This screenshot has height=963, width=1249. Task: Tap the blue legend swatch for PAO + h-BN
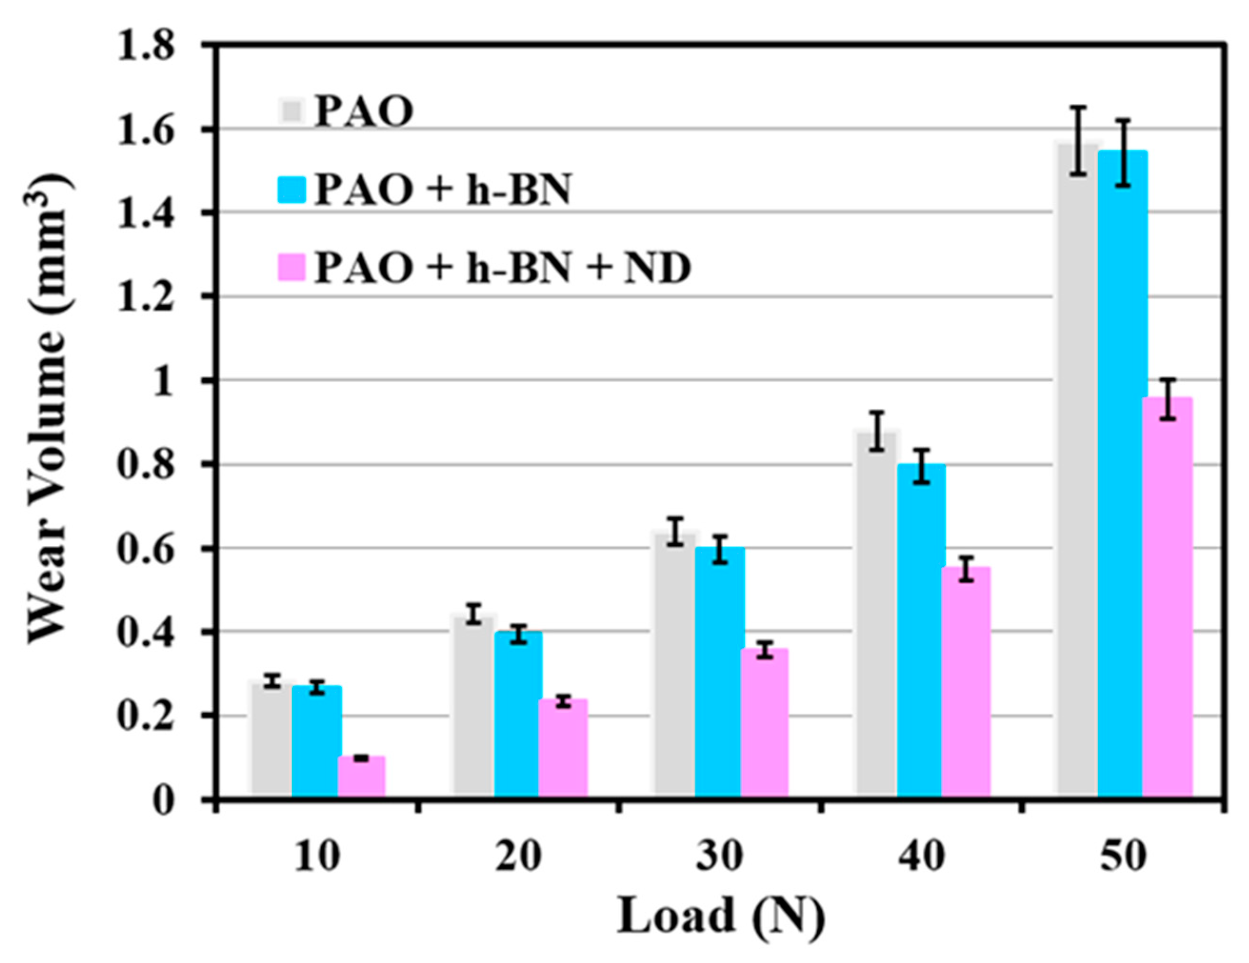[x=292, y=189]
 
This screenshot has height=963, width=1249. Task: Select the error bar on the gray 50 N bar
[x=1078, y=140]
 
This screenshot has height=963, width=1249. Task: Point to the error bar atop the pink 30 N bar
[x=764, y=650]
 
